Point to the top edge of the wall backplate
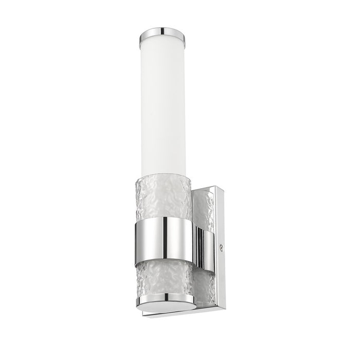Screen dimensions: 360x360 pyautogui.click(x=208, y=186)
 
